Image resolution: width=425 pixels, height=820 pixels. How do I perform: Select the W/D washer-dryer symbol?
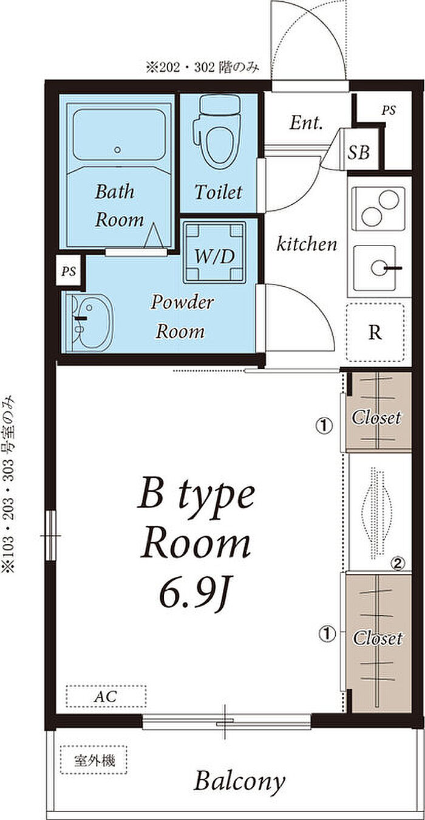pos(214,253)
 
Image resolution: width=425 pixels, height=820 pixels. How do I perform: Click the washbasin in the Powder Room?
pos(90,322)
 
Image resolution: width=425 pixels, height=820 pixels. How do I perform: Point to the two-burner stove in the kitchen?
pos(378,208)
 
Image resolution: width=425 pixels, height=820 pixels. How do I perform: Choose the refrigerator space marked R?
pos(375,332)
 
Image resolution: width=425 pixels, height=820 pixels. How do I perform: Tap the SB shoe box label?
pos(358,151)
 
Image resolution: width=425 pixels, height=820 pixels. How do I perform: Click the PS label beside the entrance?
pos(389,110)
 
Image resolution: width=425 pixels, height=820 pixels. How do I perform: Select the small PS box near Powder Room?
pos(69,271)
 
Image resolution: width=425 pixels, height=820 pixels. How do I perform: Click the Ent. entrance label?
pos(306,123)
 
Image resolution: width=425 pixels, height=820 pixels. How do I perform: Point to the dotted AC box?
pos(106,696)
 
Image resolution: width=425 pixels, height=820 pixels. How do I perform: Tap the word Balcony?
pos(240,782)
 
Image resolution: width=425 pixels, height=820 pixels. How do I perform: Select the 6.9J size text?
pos(194,595)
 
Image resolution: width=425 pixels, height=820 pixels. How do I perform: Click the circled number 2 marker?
pos(398,563)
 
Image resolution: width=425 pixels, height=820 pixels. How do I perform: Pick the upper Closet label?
pos(376,418)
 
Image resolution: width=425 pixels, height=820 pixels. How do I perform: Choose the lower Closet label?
pos(378,638)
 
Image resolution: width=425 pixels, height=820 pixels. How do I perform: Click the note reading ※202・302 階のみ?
pos(203,67)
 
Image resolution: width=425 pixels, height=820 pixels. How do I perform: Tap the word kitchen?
pos(307,244)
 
